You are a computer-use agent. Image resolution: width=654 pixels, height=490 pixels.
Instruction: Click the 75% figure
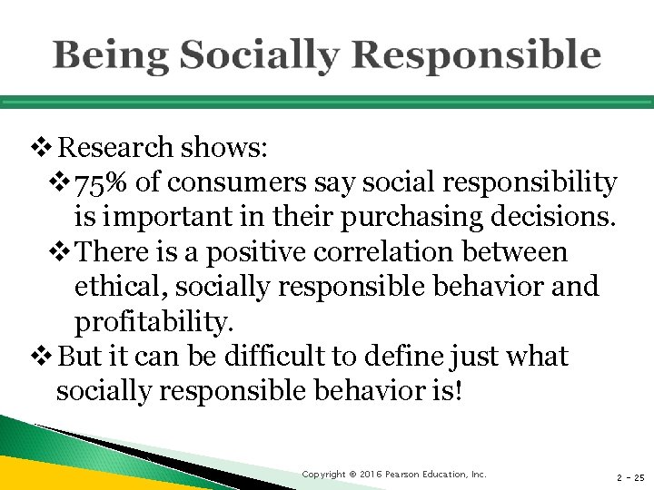[x=102, y=183]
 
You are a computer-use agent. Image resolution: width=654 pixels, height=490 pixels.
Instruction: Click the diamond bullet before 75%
[x=61, y=183]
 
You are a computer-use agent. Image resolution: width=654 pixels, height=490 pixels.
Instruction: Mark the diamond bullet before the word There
[x=61, y=251]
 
